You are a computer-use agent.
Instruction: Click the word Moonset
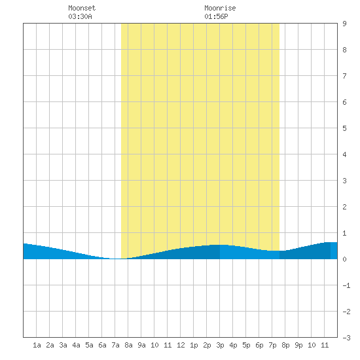(x=82, y=8)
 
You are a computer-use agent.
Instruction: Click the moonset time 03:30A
(x=80, y=16)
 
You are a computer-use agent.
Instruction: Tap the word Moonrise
(x=220, y=8)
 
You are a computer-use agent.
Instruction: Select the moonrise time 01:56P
(x=216, y=16)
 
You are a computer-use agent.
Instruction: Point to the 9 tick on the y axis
(x=344, y=24)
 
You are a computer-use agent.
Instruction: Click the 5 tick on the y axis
(x=344, y=128)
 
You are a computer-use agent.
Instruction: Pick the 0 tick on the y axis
(x=344, y=259)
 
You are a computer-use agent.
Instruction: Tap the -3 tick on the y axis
(x=346, y=338)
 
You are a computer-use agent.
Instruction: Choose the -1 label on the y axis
(x=346, y=285)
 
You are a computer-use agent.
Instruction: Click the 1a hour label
(x=37, y=345)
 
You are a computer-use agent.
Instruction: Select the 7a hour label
(x=115, y=345)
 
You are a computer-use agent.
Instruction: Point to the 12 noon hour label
(x=181, y=345)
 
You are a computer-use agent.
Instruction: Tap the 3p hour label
(x=220, y=345)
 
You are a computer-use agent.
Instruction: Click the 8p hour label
(x=285, y=345)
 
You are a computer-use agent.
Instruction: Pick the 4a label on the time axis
(x=76, y=345)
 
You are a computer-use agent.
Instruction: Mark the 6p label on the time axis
(x=259, y=345)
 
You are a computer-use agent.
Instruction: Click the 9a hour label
(x=141, y=345)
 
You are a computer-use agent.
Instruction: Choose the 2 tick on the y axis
(x=344, y=207)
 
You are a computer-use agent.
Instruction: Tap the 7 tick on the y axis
(x=344, y=76)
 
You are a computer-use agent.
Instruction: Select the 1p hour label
(x=194, y=345)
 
